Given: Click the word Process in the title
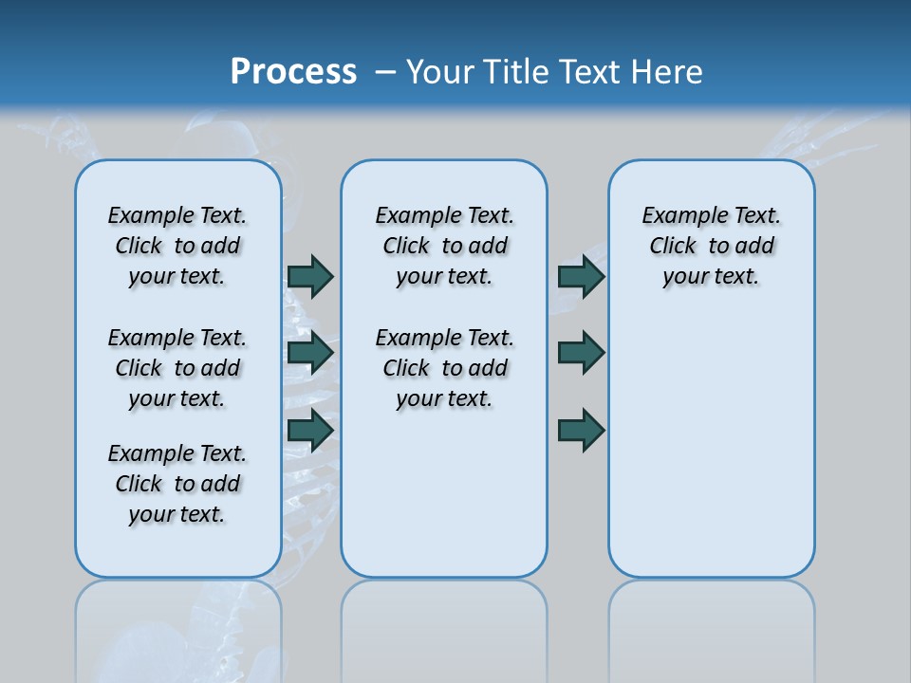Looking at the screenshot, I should (293, 71).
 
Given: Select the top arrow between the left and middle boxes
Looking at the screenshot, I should (310, 276).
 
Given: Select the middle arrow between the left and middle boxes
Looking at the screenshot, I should (310, 353).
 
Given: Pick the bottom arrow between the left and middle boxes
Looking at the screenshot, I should (310, 431).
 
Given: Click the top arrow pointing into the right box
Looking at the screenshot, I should (581, 276).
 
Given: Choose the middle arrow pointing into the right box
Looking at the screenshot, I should (581, 353).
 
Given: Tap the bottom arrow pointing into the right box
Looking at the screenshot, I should (581, 431).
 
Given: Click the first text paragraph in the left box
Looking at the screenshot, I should (177, 246).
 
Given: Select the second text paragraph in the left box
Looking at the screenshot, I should (177, 368).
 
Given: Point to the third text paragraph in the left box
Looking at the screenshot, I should (177, 484).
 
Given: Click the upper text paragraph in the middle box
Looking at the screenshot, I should (444, 246).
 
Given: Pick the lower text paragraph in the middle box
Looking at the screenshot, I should (444, 368).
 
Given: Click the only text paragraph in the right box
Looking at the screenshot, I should (711, 246).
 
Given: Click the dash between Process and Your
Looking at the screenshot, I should (384, 71).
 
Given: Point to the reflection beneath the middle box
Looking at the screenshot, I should (444, 626).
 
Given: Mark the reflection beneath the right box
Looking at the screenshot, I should (711, 626).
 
